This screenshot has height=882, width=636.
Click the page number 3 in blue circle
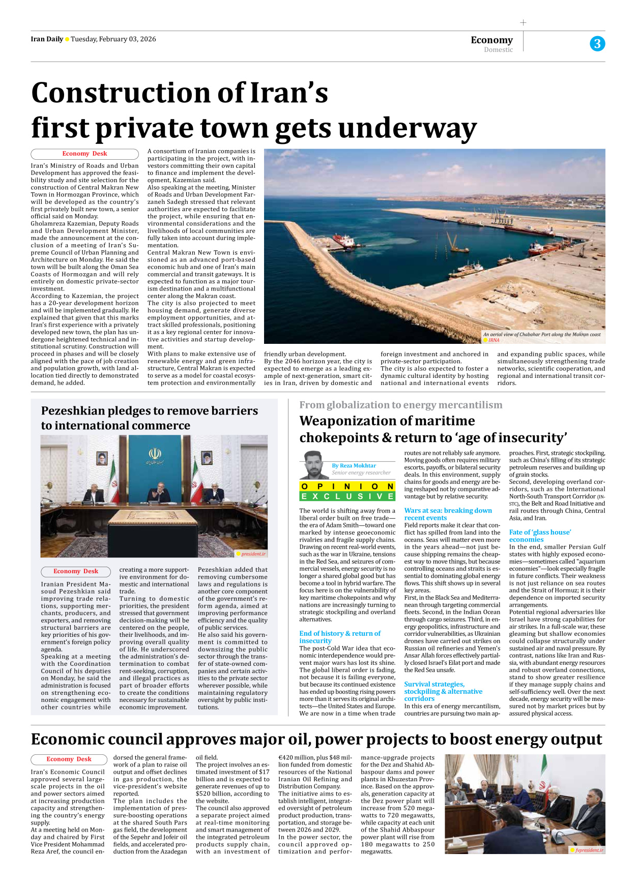pos(597,44)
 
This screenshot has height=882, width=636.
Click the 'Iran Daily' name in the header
pos(47,39)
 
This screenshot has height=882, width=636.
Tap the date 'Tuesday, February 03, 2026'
pos(113,39)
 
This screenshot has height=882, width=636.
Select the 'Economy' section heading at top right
pos(492,40)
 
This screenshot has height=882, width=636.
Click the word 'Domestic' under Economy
pos(498,50)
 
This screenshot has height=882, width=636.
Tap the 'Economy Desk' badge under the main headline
pos(84,154)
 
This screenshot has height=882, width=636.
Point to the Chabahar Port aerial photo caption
pos(541,335)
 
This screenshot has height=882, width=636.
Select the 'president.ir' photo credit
pos(253,554)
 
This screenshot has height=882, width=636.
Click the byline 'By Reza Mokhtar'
pos(354,465)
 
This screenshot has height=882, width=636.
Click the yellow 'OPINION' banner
pos(348,486)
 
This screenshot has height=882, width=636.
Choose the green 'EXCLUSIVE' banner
pos(348,496)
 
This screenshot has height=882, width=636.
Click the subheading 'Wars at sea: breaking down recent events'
pos(448,514)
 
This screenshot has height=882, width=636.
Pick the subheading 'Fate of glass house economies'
pos(540,536)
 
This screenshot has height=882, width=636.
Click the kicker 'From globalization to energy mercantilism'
pos(400,405)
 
